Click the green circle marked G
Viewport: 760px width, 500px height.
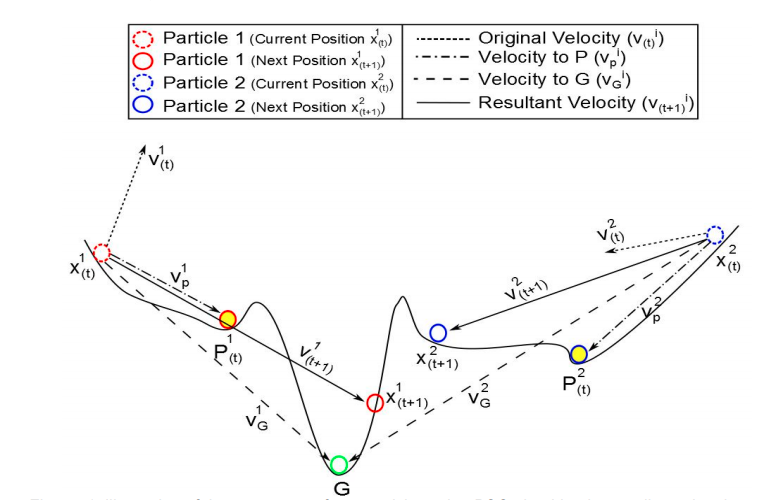coord(339,465)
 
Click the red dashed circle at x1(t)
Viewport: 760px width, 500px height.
coord(101,252)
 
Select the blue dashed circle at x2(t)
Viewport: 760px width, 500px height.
coord(714,235)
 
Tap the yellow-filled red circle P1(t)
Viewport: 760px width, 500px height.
coord(228,319)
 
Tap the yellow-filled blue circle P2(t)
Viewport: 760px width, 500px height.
coord(578,353)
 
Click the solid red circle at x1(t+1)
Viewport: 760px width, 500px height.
coord(375,402)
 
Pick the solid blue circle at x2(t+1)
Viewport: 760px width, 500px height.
coord(437,332)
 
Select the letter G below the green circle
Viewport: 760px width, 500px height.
coord(342,489)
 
